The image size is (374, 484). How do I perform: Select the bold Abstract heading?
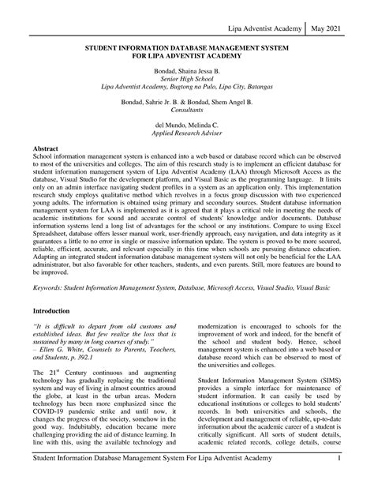click(47, 126)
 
